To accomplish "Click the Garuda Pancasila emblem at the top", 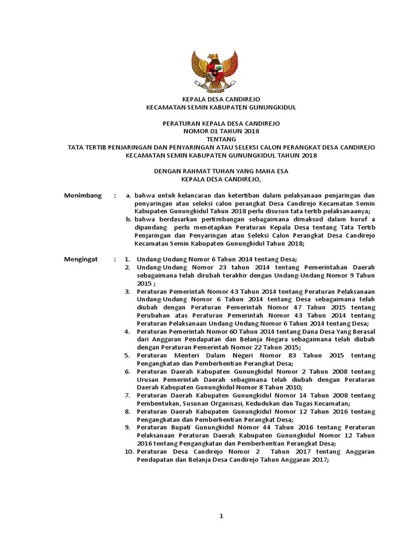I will [x=215, y=71].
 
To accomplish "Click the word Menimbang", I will [x=83, y=195].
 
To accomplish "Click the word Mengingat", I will [x=81, y=259].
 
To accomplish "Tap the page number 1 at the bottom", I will [x=222, y=516].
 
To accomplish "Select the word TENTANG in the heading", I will [x=221, y=139].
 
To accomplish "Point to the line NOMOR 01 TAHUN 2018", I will [x=221, y=131].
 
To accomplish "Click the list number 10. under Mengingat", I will [x=129, y=452].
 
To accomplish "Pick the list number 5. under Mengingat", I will [x=127, y=356].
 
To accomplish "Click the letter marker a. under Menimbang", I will [x=129, y=195].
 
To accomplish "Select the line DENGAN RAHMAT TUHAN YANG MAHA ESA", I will [x=221, y=171].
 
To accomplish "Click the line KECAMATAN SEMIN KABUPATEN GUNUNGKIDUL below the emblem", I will [x=221, y=108].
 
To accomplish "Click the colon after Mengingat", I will [x=114, y=259].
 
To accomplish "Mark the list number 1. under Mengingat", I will [x=127, y=259].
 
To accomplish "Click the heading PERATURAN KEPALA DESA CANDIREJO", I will [x=221, y=123].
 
